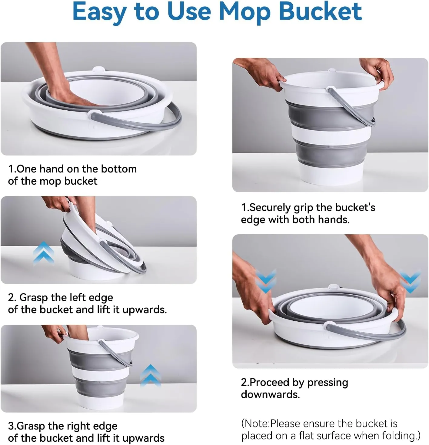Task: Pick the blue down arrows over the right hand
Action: click(x=410, y=281)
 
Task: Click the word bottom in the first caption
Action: click(x=119, y=169)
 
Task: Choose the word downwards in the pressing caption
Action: click(x=270, y=394)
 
